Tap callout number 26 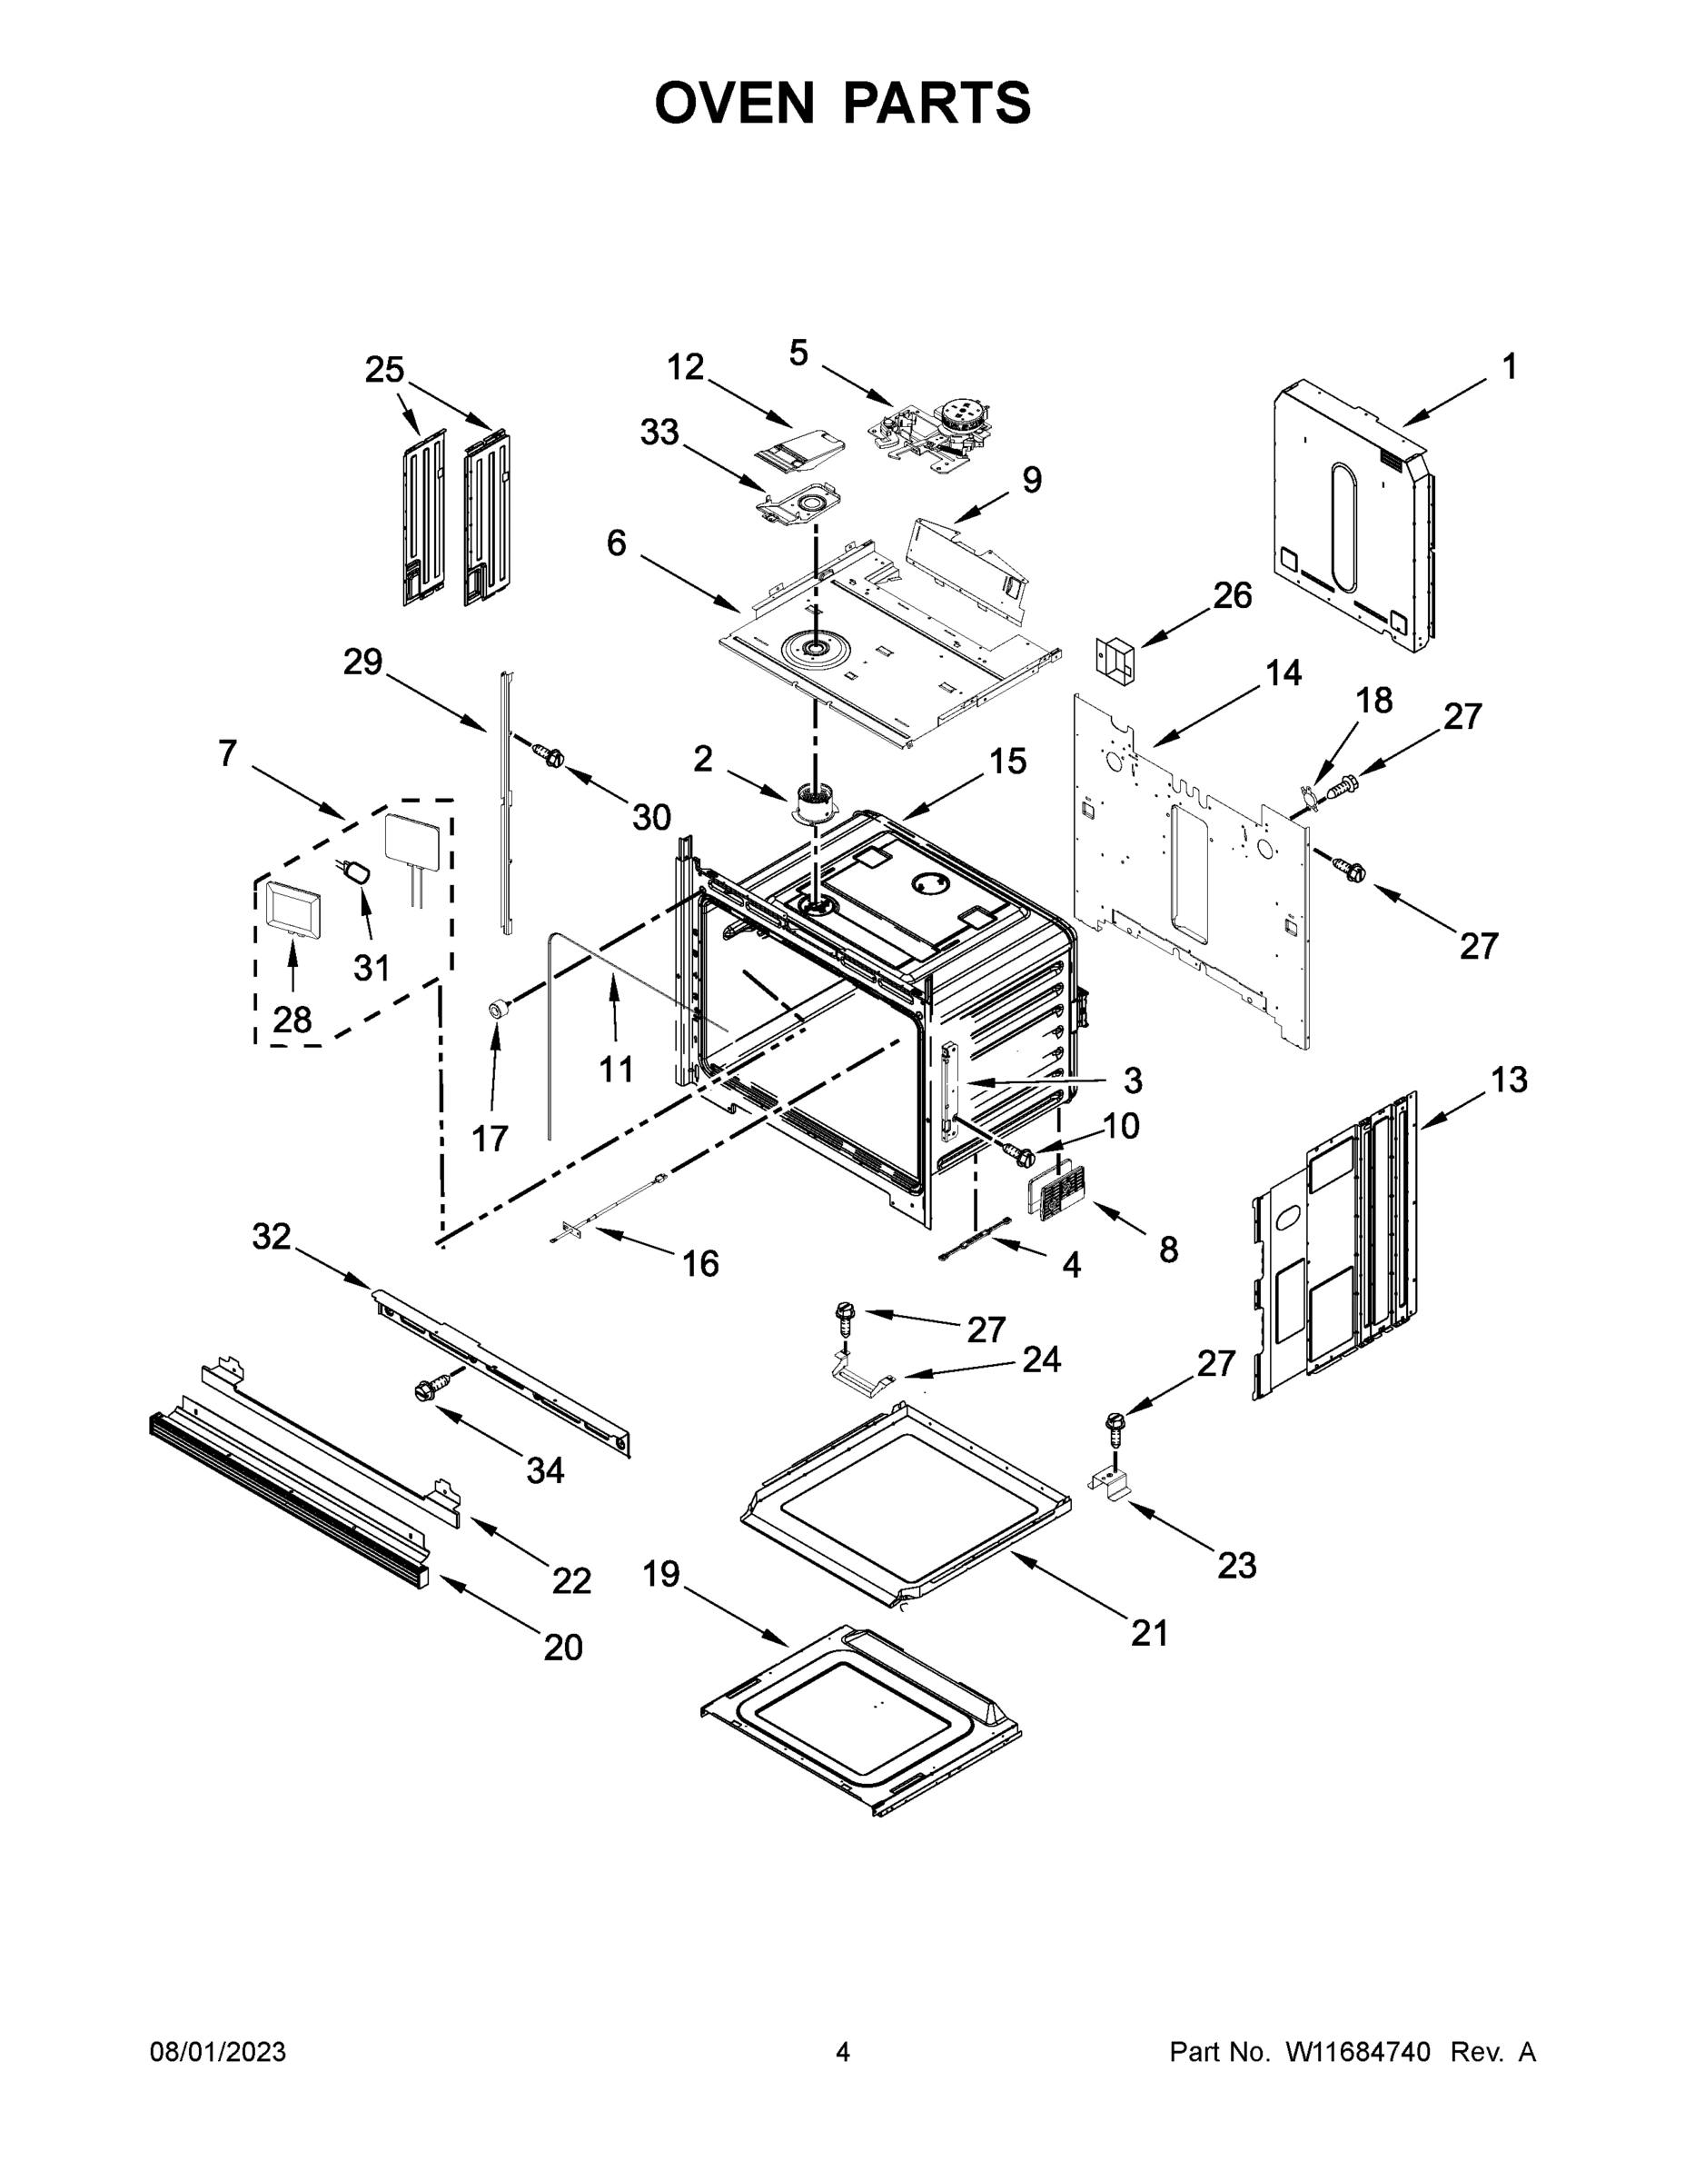click(1232, 595)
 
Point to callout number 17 click(491, 1138)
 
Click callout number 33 click(659, 433)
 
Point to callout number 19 click(660, 1575)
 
